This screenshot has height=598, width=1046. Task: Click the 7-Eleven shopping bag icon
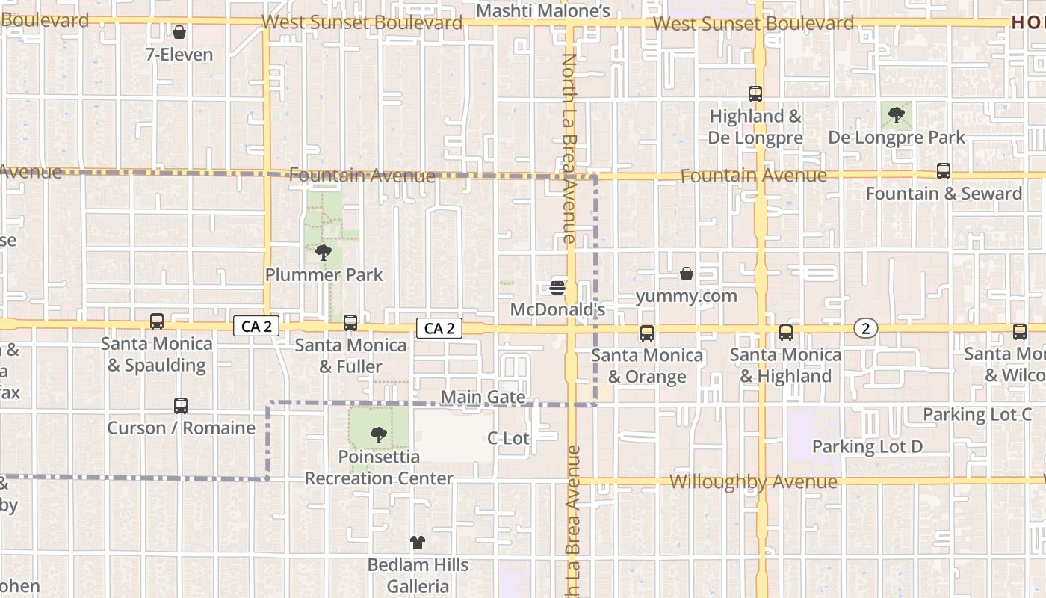click(179, 32)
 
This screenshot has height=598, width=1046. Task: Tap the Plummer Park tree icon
click(324, 253)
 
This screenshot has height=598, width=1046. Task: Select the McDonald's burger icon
click(557, 288)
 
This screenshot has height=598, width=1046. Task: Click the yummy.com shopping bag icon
click(687, 274)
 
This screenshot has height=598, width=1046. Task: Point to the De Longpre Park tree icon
click(896, 115)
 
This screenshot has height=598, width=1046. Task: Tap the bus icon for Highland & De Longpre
click(755, 94)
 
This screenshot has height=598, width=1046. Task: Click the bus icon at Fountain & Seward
click(944, 171)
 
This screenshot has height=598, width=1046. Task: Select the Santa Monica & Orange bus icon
click(647, 333)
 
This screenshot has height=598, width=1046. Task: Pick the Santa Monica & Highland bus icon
click(786, 333)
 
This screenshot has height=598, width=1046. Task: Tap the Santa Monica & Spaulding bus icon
click(157, 321)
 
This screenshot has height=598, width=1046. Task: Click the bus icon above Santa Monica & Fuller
click(350, 323)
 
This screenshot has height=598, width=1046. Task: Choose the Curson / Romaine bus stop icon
click(181, 406)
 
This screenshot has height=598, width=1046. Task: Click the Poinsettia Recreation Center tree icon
click(379, 434)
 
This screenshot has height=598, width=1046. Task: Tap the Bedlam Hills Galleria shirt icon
click(418, 543)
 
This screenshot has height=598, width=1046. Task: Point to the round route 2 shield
click(865, 328)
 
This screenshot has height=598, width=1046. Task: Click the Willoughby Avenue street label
click(753, 481)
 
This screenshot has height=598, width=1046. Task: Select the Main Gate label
click(483, 397)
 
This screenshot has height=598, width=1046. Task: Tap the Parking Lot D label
click(867, 446)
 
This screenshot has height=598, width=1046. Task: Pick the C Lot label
click(508, 438)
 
